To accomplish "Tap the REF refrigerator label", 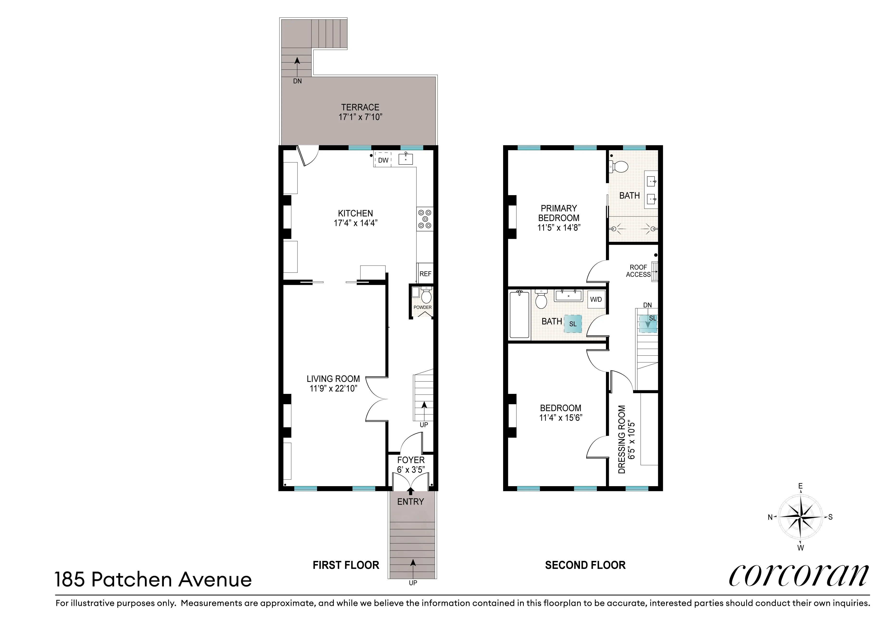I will pos(425,274).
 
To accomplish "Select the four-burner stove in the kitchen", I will pos(425,219).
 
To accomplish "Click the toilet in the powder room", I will pos(426,296).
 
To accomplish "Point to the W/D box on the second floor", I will pos(596,299).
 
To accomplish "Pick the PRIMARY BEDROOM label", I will pos(559,213).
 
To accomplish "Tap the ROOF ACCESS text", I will pos(638,271).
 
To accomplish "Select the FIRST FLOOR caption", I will pos(346,565).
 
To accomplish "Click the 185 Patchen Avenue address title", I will pos(153,580).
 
